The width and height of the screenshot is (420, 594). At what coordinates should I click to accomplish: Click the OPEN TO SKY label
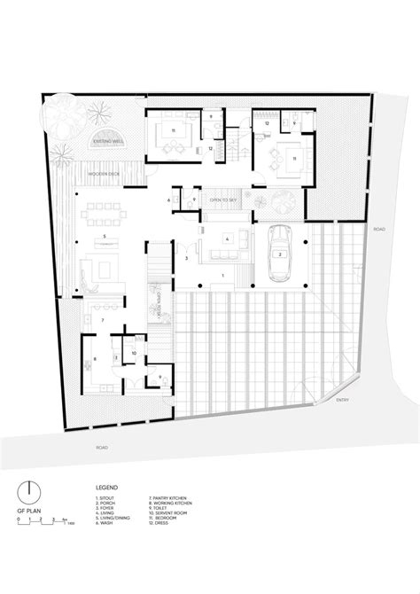[223, 199]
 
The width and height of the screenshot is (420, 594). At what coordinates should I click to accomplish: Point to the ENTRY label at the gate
[342, 400]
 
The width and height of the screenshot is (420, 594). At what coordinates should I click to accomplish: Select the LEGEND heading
[105, 488]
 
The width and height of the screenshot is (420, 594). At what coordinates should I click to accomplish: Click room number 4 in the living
[228, 239]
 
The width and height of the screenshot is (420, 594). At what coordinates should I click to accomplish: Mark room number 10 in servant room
[135, 352]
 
